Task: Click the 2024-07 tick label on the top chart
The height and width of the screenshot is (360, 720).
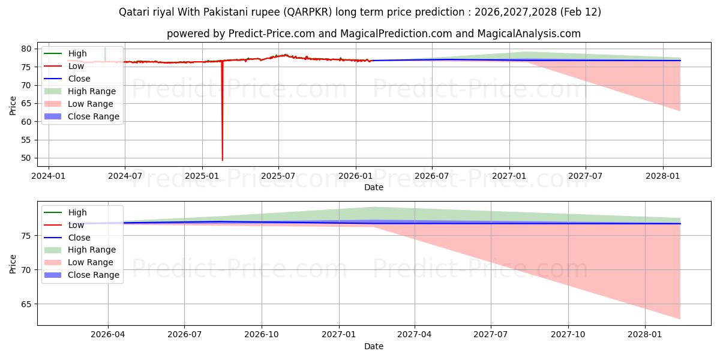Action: [x=125, y=176]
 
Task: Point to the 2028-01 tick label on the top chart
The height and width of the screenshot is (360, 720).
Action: [x=663, y=176]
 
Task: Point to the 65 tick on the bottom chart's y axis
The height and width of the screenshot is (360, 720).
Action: [x=27, y=304]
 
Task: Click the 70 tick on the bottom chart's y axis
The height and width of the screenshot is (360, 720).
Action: [x=27, y=270]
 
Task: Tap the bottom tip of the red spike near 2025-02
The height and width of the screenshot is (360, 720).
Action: [x=223, y=160]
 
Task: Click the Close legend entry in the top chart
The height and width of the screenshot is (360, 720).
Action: [x=79, y=79]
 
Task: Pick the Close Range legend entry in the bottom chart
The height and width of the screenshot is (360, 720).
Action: [x=94, y=275]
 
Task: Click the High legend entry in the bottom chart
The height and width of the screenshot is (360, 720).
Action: [x=77, y=212]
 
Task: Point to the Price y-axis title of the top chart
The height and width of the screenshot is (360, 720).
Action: [x=13, y=105]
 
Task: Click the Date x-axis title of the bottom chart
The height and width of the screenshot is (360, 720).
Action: [x=373, y=346]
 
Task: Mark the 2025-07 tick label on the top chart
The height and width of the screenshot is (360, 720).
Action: [x=278, y=176]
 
